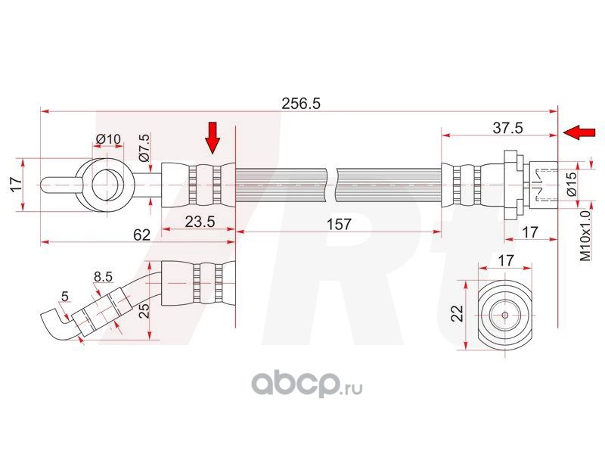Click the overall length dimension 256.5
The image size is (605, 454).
(301, 104)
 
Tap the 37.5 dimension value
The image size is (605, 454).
(507, 128)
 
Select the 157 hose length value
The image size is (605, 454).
(339, 224)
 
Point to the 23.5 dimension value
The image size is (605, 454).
(200, 222)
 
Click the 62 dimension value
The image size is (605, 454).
(141, 235)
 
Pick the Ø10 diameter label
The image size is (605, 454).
(108, 138)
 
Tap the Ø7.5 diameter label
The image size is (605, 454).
(144, 147)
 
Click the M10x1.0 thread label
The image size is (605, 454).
(585, 236)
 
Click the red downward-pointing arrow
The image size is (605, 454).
(213, 138)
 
